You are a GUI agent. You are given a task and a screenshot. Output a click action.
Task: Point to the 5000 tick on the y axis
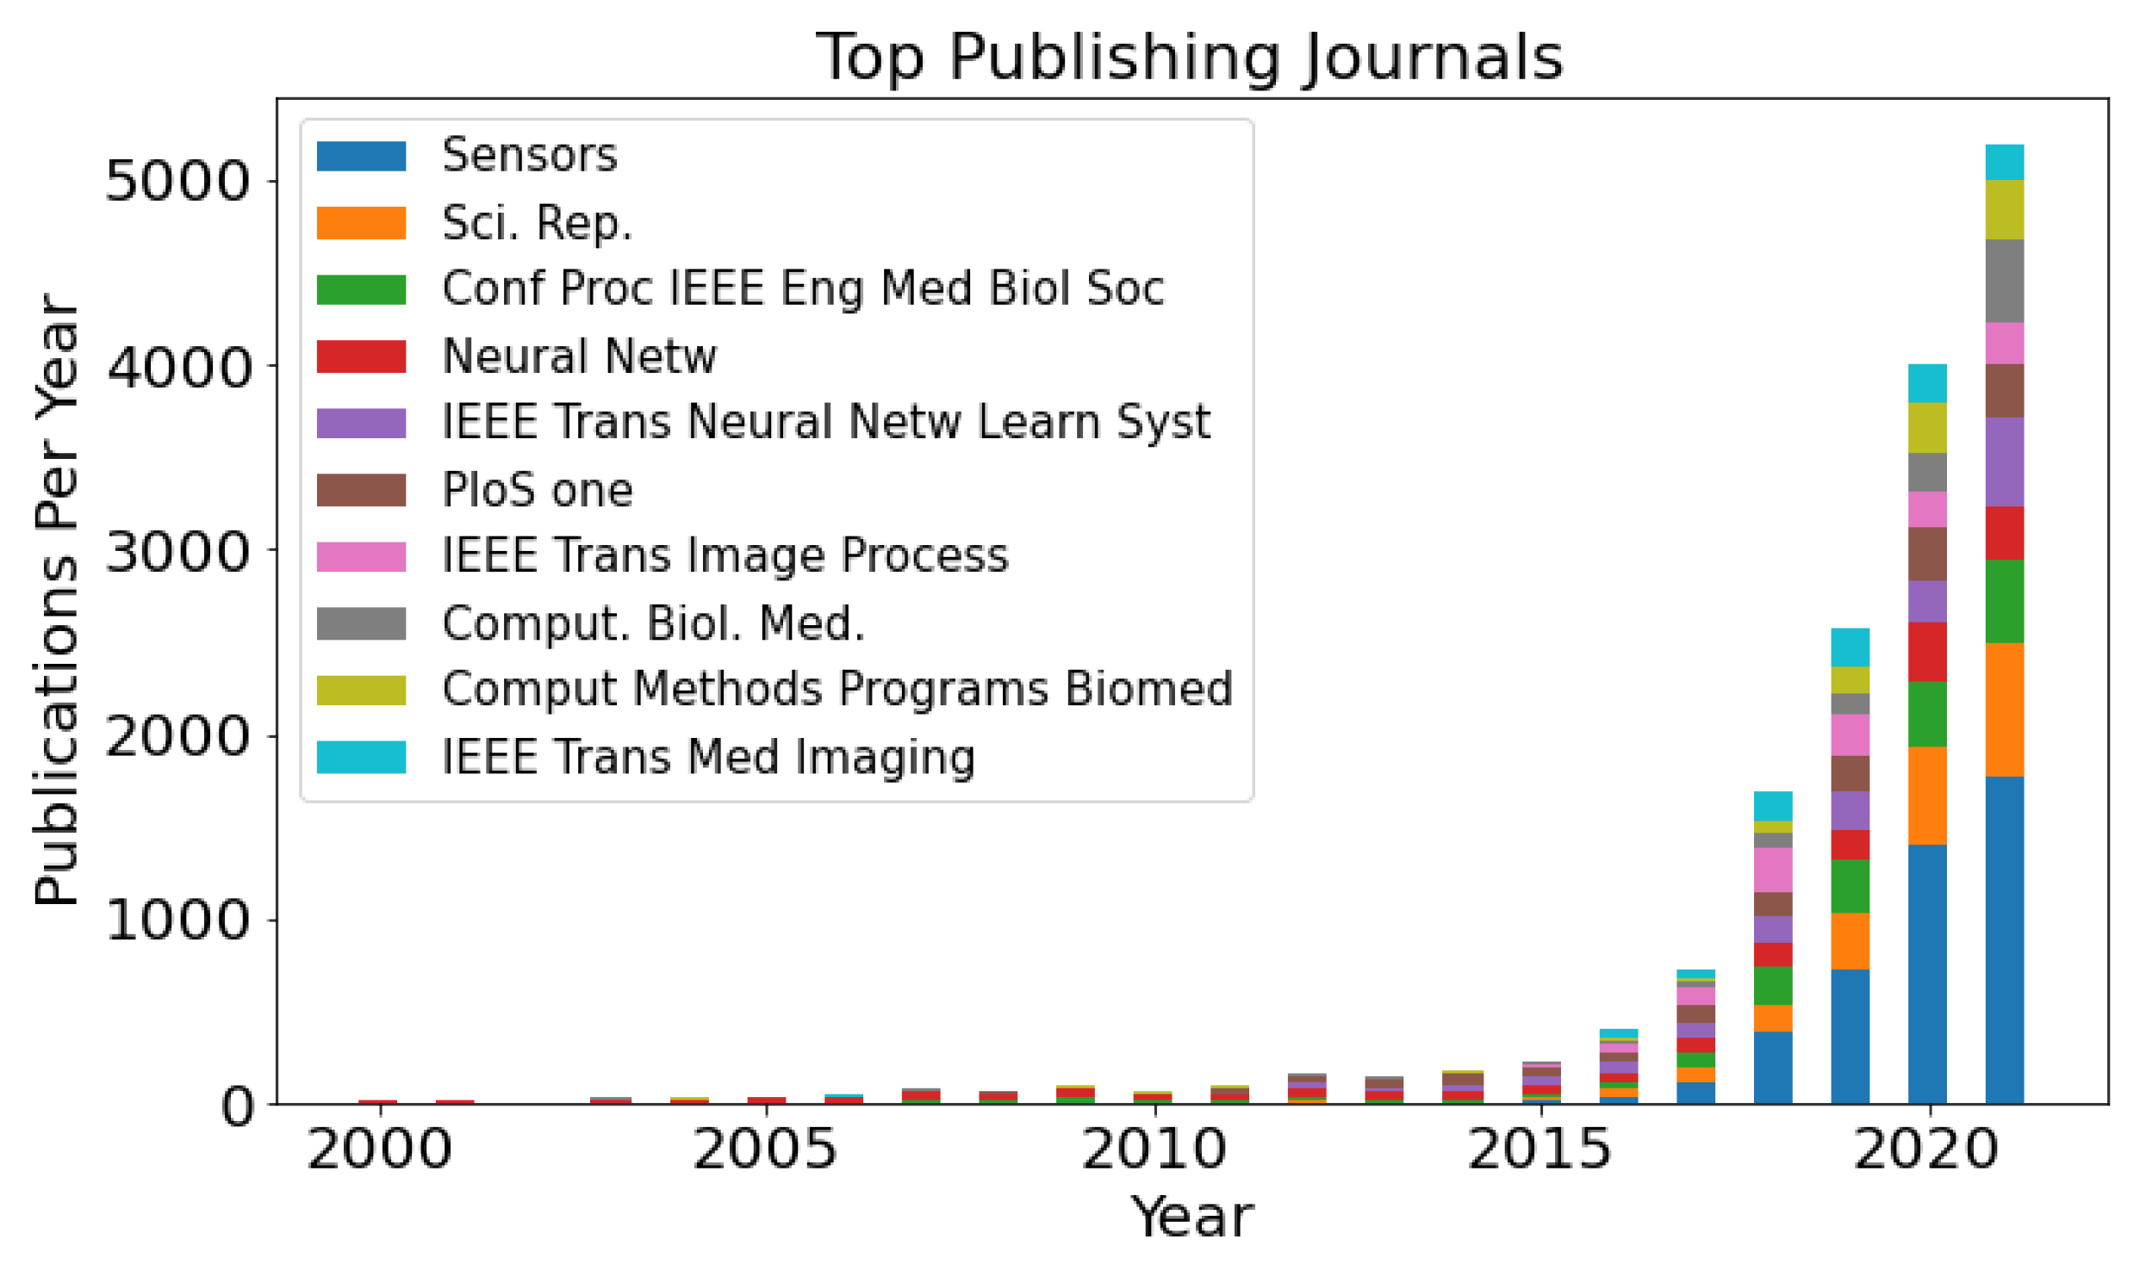coord(177,182)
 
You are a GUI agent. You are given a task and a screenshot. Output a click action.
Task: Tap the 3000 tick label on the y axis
coord(177,552)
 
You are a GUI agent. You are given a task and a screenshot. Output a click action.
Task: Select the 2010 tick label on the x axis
coord(1154,1149)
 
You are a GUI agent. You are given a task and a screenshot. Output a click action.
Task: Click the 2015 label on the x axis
coord(1540,1149)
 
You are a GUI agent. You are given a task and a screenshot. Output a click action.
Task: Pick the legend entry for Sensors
coord(529,156)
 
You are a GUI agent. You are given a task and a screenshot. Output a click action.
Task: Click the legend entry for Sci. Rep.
coord(537,223)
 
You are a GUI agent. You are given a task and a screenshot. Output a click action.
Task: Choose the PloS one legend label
coord(537,490)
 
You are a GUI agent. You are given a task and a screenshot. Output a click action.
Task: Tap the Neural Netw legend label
coord(578,356)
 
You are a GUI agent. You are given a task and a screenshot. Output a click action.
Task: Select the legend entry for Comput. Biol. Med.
coord(652,623)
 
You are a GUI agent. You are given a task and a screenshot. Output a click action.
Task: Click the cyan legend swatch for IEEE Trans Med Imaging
coord(361,757)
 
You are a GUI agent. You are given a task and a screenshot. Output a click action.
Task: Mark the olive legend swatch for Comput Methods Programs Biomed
coord(361,691)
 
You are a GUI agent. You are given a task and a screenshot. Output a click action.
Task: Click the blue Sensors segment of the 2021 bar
coord(2004,939)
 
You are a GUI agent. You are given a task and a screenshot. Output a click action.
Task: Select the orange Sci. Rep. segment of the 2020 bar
coord(1926,796)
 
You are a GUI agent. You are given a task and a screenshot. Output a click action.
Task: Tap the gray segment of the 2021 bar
coord(2004,281)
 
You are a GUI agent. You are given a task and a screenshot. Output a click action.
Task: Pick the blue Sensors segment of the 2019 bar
coord(1850,1036)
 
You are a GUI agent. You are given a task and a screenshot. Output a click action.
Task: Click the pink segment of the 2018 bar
coord(1773,870)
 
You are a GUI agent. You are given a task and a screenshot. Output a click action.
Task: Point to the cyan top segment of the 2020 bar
coord(1926,383)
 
